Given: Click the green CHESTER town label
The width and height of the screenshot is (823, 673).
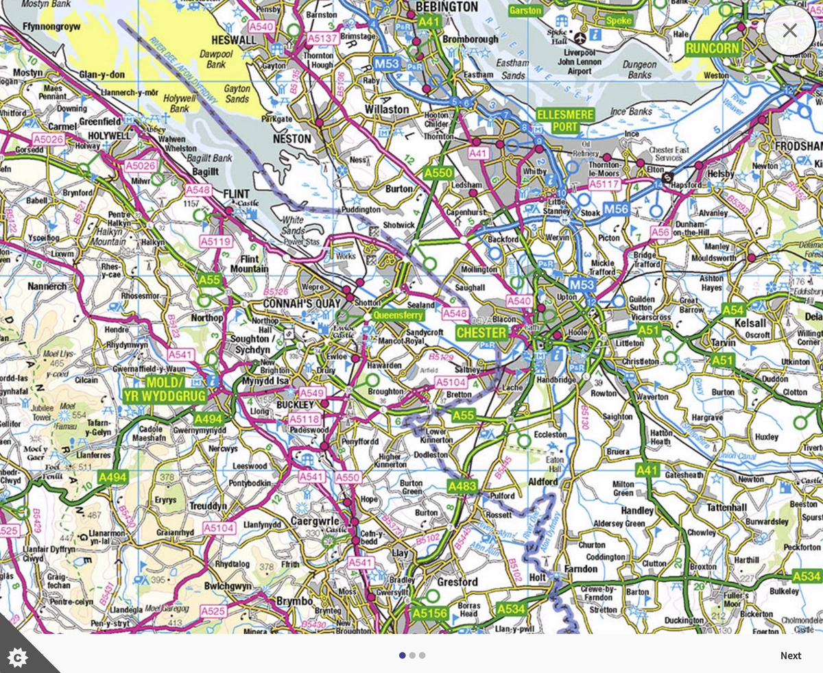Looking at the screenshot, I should [482, 332].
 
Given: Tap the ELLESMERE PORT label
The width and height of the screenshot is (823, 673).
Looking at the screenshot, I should [566, 121].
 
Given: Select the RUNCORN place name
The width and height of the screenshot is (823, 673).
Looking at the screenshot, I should [713, 49].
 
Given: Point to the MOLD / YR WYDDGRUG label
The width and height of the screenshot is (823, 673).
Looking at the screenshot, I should [154, 389].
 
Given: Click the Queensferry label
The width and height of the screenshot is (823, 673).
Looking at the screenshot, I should [398, 315].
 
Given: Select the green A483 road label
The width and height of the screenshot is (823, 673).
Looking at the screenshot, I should [462, 486].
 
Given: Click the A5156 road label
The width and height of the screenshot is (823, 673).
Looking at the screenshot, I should [430, 613].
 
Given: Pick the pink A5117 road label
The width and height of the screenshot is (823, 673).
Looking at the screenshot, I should [603, 184].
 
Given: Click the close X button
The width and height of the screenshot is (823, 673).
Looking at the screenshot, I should [790, 30].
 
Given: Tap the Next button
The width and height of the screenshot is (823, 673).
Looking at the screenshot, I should [790, 655].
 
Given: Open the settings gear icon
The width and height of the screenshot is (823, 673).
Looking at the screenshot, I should [17, 657].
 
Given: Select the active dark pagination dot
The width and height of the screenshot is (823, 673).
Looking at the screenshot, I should [403, 655].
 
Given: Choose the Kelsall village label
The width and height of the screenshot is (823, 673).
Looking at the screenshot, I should [750, 323].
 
